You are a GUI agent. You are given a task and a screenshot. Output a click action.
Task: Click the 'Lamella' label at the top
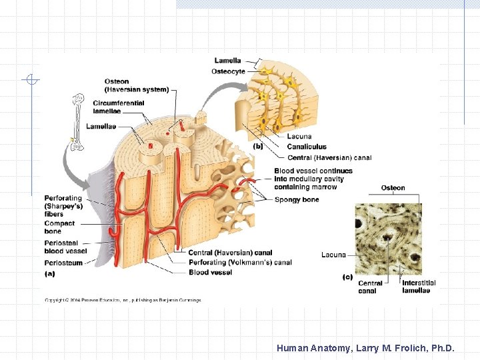(227, 61)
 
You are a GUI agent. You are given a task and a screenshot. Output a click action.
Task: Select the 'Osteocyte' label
(228, 71)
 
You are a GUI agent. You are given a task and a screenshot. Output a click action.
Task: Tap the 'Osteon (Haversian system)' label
(136, 85)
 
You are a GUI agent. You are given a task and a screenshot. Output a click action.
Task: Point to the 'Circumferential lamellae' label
(118, 107)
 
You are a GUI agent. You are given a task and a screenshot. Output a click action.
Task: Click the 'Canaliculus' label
(307, 147)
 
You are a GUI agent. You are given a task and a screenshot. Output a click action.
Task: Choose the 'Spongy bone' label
(296, 199)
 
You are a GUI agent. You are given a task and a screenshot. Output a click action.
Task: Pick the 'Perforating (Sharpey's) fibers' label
(63, 206)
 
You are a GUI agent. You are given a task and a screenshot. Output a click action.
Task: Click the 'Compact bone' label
(59, 227)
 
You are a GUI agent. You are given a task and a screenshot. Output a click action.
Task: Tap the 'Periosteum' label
(63, 263)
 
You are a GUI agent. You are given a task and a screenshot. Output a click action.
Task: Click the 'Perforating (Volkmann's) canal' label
(240, 262)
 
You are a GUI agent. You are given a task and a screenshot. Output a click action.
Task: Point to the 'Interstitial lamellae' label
(419, 287)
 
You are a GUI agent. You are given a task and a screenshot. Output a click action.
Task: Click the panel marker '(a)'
(50, 273)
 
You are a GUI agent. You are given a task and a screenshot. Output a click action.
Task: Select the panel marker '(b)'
(258, 145)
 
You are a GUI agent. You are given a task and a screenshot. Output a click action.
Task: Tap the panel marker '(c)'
(347, 277)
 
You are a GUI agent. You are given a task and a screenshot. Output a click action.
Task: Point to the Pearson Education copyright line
(123, 300)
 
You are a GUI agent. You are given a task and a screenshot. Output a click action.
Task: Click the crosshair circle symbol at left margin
(31, 80)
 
